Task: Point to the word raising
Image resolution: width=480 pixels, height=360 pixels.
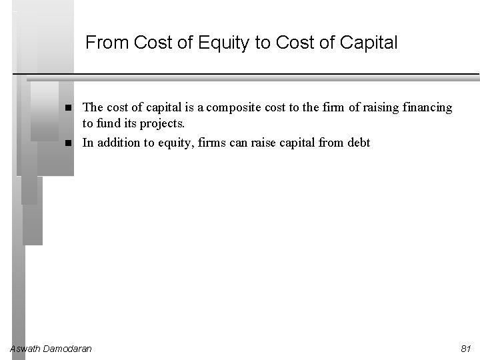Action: point(369,108)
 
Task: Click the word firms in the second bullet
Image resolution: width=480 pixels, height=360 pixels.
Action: point(217,143)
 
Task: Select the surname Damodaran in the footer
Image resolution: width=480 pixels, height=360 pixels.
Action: point(67,349)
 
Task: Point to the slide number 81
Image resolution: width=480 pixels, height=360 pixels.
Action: point(466,349)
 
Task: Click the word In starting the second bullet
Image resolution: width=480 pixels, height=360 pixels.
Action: point(87,143)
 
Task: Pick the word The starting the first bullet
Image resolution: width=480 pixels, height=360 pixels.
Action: point(92,108)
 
